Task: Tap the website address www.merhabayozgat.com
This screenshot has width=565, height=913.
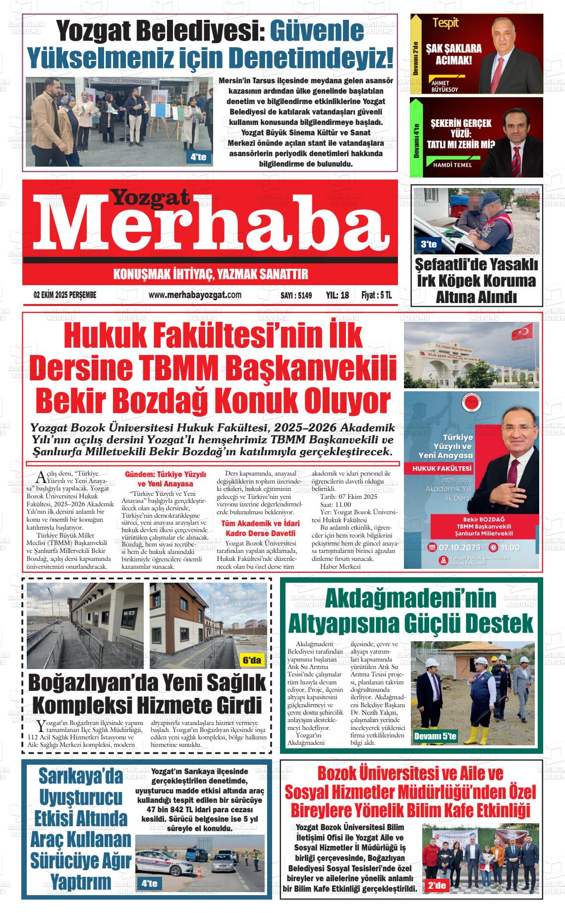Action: [195, 295]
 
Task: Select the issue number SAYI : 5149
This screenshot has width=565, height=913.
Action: [296, 296]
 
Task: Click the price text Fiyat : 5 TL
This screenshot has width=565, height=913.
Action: [377, 295]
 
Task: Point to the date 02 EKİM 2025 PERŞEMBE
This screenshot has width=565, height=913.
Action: [65, 295]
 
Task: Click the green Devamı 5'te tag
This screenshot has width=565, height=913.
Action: [435, 736]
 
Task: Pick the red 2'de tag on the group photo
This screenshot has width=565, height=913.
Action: [437, 885]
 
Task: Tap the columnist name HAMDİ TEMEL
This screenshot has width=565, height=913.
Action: [452, 165]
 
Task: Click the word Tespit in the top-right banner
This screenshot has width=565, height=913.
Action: [445, 23]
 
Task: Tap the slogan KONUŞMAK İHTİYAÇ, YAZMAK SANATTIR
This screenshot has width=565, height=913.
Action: [211, 274]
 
